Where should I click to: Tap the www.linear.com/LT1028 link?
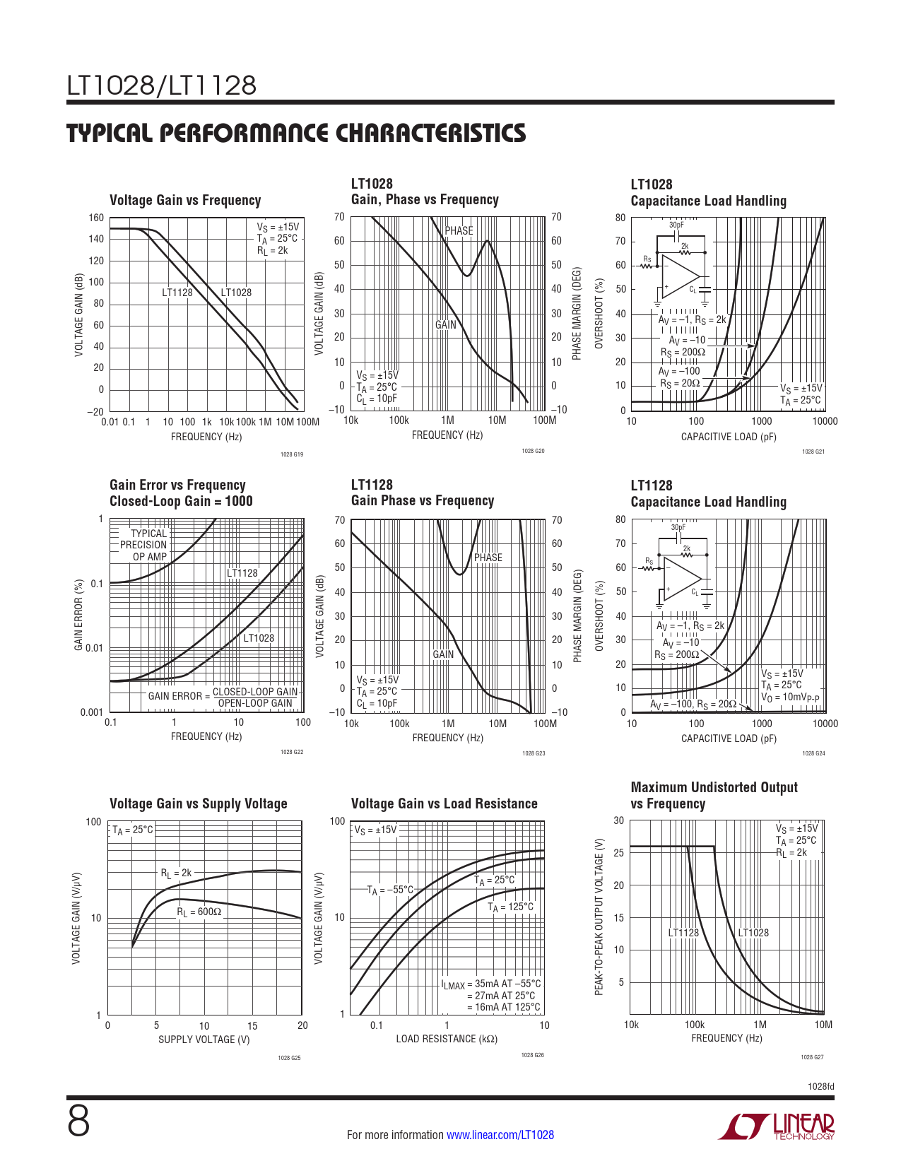[x=500, y=1135]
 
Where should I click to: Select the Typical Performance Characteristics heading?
[x=296, y=133]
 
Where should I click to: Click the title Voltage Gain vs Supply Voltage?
[x=199, y=803]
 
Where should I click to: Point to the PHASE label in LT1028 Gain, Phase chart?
[x=459, y=231]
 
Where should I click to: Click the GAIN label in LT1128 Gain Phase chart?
[x=443, y=654]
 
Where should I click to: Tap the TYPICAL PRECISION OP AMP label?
[x=143, y=545]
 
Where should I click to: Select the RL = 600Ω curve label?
[x=199, y=912]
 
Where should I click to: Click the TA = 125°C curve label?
[x=510, y=907]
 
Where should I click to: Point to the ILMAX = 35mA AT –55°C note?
[x=491, y=984]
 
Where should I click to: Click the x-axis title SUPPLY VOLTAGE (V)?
[x=204, y=1040]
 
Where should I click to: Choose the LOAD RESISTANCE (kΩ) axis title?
[x=447, y=1039]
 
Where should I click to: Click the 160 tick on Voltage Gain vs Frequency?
[x=96, y=218]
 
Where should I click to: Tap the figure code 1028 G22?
[x=292, y=752]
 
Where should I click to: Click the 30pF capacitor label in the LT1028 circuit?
[x=677, y=225]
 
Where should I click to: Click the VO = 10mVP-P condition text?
[x=790, y=697]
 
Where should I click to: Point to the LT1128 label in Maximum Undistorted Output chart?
[x=683, y=933]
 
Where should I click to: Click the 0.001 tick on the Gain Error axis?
[x=91, y=712]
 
